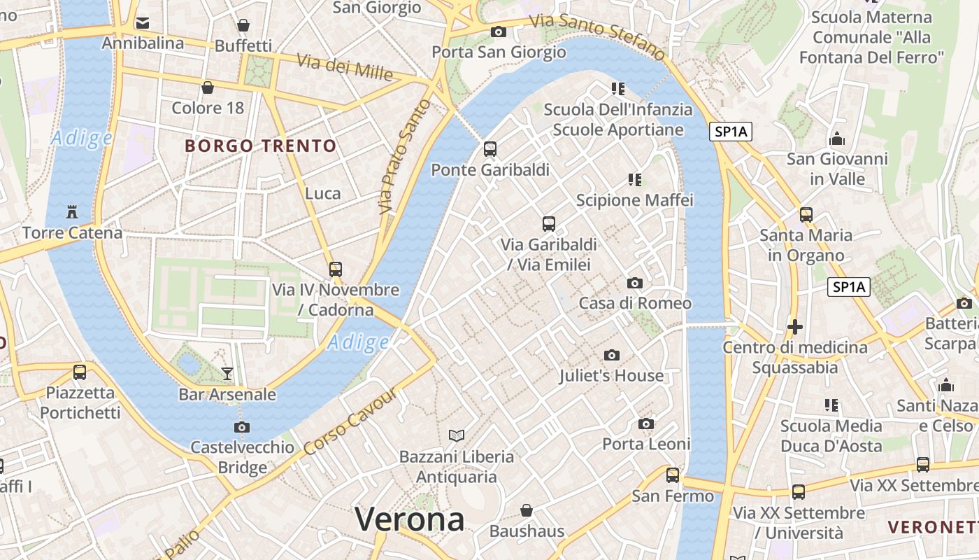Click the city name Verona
tap(409, 519)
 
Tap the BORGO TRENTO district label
tap(261, 146)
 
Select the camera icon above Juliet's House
tap(612, 356)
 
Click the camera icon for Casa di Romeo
tap(635, 283)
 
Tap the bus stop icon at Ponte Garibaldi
tap(490, 149)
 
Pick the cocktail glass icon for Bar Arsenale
tap(227, 374)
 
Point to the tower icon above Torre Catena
tap(71, 211)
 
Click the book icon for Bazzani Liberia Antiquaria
tap(457, 436)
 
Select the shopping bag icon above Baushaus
tap(527, 511)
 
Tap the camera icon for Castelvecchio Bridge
tap(242, 427)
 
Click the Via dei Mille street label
tap(345, 66)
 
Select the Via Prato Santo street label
tap(403, 157)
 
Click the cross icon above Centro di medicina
tap(794, 327)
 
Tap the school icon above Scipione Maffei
tap(635, 180)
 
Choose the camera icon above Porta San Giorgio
tap(499, 31)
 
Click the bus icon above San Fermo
tap(673, 475)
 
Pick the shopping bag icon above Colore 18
tap(208, 87)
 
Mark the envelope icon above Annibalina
tap(143, 23)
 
